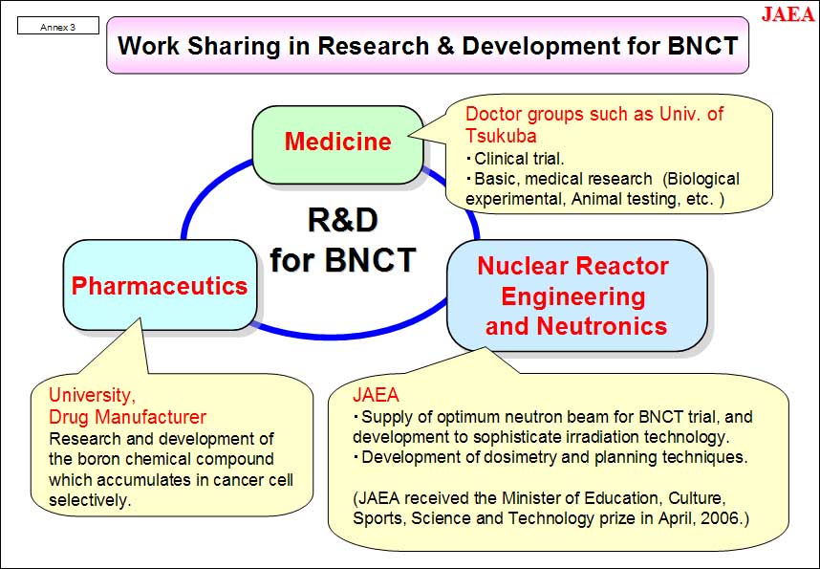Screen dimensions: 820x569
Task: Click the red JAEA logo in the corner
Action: point(788,13)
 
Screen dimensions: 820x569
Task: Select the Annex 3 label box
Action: point(58,26)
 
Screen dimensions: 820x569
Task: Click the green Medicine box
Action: point(337,144)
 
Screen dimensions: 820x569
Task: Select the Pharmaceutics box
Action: point(160,285)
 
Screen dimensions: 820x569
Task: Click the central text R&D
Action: point(342,220)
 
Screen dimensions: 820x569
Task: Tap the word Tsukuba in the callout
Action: point(501,136)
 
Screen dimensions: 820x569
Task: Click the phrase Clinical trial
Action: point(519,158)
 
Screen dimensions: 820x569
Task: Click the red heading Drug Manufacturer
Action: point(128,417)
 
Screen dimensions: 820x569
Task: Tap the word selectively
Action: point(90,500)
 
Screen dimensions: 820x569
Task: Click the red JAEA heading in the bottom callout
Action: point(376,395)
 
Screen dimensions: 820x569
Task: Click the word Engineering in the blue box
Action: point(573,296)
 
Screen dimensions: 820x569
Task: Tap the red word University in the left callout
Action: point(92,395)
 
